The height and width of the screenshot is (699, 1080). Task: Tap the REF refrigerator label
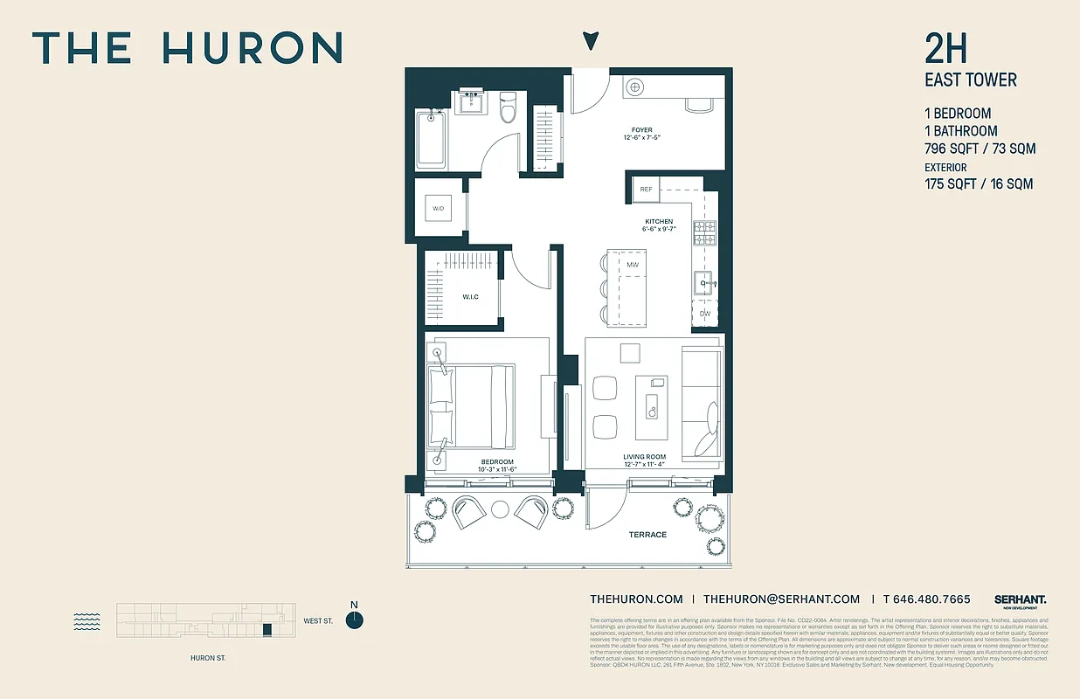(646, 189)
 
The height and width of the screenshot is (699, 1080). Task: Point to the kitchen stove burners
(704, 232)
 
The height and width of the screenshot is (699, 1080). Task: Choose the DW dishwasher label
(704, 313)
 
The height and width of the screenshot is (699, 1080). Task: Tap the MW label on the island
(633, 264)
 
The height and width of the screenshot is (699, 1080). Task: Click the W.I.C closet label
(471, 297)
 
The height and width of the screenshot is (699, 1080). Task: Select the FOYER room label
(642, 130)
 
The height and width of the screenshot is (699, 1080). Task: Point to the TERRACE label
(647, 534)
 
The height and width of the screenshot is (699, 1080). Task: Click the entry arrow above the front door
(592, 40)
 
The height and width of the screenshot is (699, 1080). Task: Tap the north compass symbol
(354, 619)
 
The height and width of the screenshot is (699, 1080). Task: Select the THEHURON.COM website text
(636, 599)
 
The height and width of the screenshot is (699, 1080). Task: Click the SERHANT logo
(1020, 599)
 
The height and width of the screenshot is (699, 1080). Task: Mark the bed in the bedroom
(471, 406)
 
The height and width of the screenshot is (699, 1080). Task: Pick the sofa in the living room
(702, 401)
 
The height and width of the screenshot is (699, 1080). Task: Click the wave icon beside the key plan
(87, 620)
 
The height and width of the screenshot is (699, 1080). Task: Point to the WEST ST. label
(318, 621)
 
